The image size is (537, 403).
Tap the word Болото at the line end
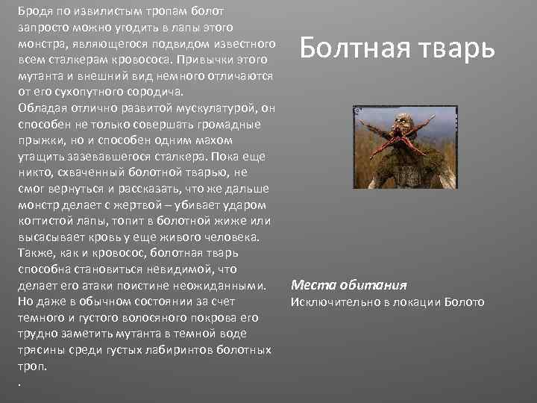tap(464, 302)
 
